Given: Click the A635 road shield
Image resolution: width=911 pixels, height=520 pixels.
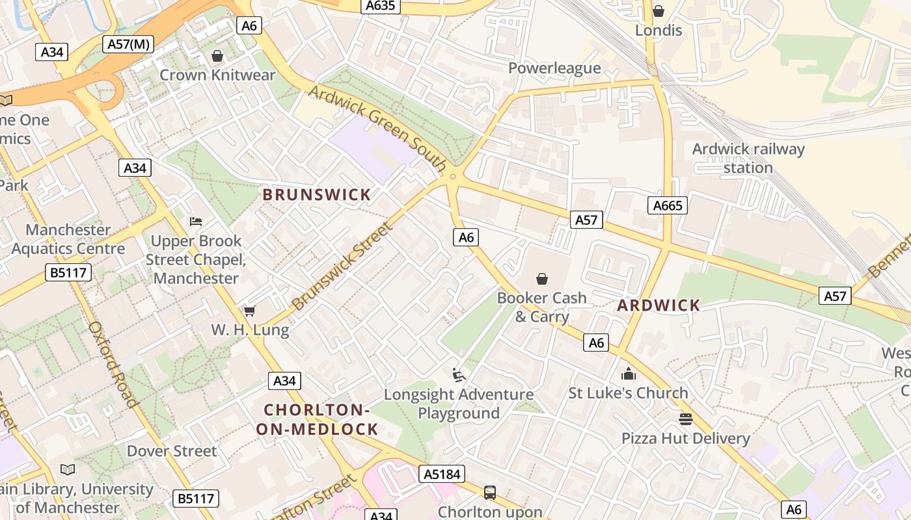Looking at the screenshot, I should (x=381, y=6).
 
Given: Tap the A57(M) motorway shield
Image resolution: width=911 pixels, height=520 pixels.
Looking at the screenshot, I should (x=128, y=44).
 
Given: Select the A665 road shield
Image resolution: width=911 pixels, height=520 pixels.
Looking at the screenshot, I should (x=668, y=206).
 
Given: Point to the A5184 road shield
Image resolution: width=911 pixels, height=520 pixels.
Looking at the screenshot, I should (x=442, y=474).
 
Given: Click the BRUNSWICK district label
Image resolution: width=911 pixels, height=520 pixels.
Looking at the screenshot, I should (x=316, y=194).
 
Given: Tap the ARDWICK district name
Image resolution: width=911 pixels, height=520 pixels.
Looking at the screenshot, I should (x=659, y=305).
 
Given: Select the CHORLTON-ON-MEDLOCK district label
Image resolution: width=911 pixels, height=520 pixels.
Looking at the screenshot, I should (x=317, y=420).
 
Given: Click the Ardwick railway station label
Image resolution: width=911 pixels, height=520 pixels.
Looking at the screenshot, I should (x=748, y=158).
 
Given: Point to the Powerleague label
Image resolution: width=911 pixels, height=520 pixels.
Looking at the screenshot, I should (x=554, y=68).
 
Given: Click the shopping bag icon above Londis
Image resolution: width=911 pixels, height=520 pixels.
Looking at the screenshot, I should (x=659, y=11).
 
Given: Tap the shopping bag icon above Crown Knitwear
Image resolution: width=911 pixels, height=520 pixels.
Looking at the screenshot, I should (x=217, y=57).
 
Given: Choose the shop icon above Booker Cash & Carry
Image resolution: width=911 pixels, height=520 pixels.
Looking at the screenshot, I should (x=541, y=279).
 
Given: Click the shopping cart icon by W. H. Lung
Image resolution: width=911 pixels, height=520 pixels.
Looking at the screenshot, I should (x=249, y=311).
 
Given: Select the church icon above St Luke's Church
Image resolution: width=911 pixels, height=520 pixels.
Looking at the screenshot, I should (x=628, y=374).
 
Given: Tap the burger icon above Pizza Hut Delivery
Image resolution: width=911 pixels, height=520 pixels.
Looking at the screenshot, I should (x=685, y=419).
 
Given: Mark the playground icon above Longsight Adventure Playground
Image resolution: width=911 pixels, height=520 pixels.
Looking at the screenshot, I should (x=459, y=375).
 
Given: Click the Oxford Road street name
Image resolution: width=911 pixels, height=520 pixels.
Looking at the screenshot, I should (x=114, y=364).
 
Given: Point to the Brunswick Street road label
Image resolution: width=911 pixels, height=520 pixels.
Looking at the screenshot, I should (x=343, y=266).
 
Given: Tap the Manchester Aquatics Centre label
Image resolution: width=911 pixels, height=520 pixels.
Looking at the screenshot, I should (x=68, y=239).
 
